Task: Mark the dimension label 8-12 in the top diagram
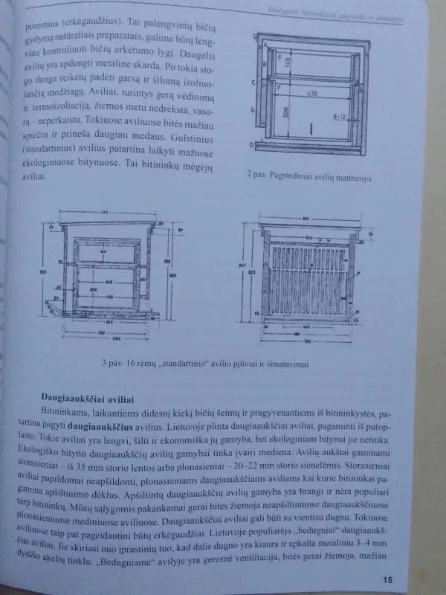click(x=342, y=117)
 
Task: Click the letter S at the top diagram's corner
click(x=255, y=36)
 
